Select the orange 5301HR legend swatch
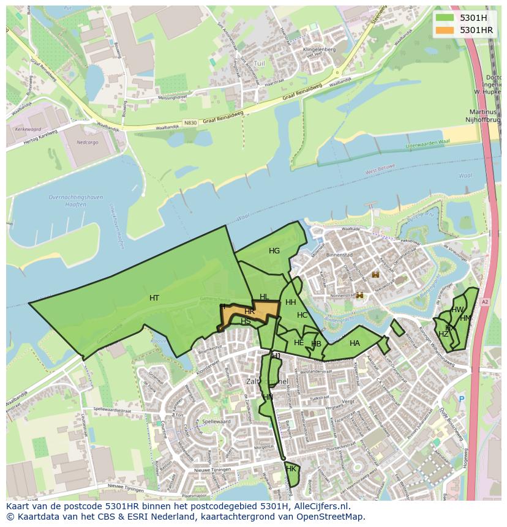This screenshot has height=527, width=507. click(445, 30)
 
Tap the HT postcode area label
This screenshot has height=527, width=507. click(154, 298)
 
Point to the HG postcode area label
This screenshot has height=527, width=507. click(274, 251)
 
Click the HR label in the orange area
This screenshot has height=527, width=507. click(249, 312)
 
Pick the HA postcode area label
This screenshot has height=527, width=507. click(355, 343)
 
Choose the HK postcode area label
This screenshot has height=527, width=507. click(291, 469)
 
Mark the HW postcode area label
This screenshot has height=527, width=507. click(457, 310)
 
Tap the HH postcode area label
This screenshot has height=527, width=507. click(290, 302)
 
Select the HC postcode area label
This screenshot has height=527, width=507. click(302, 315)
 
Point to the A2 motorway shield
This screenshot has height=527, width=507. click(485, 302)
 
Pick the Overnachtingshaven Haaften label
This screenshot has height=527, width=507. click(67, 201)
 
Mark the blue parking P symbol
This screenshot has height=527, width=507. click(462, 399)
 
